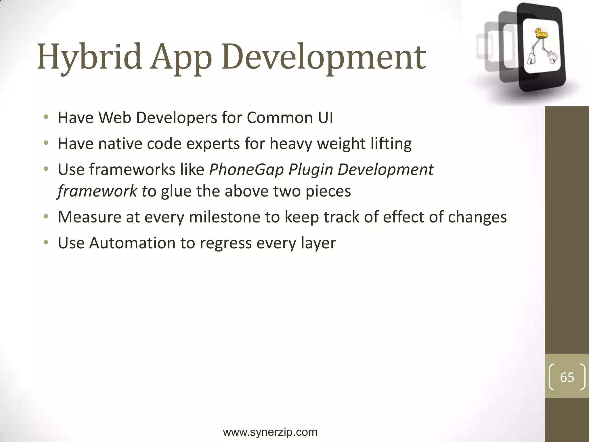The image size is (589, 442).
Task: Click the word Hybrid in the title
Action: tap(89, 57)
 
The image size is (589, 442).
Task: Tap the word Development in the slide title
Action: tap(324, 57)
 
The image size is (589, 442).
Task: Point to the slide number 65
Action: tap(567, 377)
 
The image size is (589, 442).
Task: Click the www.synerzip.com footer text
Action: tap(270, 432)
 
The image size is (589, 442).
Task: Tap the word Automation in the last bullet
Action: tap(132, 243)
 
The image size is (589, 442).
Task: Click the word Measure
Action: tap(89, 217)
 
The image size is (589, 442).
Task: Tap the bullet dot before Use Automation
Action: tap(46, 242)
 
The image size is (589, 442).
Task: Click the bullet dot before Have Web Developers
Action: tap(46, 117)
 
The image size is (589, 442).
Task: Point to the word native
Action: tap(120, 144)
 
